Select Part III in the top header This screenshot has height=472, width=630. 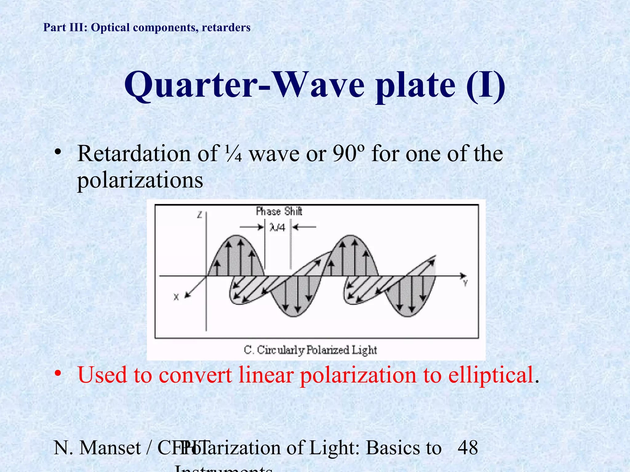(63, 27)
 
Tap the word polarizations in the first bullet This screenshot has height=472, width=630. (140, 180)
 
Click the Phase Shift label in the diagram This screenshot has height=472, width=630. (279, 211)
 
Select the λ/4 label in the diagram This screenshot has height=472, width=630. (277, 227)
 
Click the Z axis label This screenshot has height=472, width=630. (200, 215)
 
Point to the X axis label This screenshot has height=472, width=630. (176, 297)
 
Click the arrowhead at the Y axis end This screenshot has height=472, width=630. (463, 276)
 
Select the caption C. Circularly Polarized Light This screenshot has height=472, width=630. (310, 350)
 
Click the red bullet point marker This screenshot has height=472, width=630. (58, 373)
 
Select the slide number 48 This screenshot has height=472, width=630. (468, 448)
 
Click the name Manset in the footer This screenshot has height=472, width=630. (110, 448)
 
